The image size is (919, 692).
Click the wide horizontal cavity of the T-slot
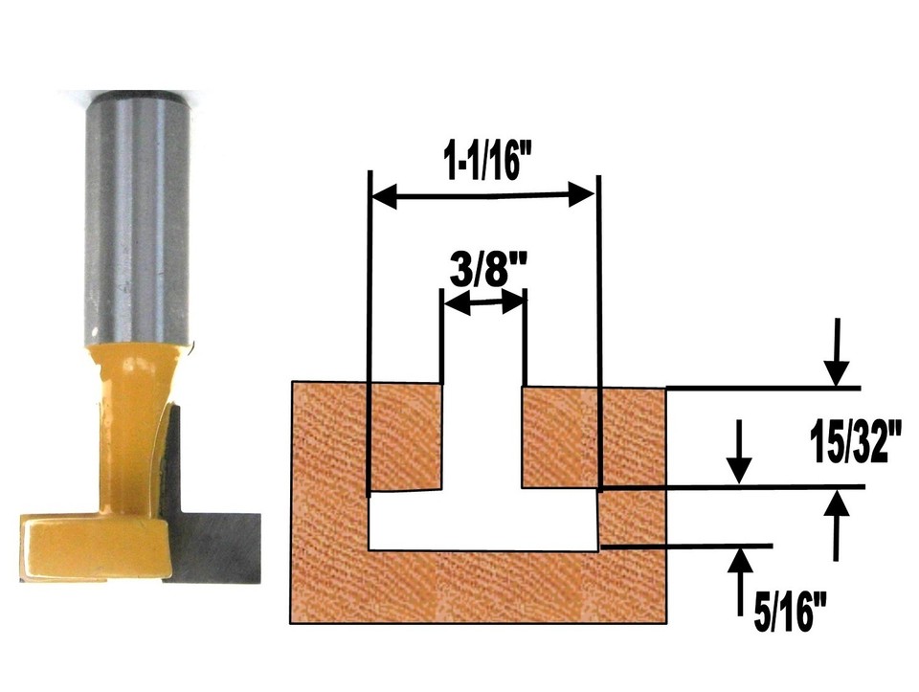pyautogui.click(x=483, y=522)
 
